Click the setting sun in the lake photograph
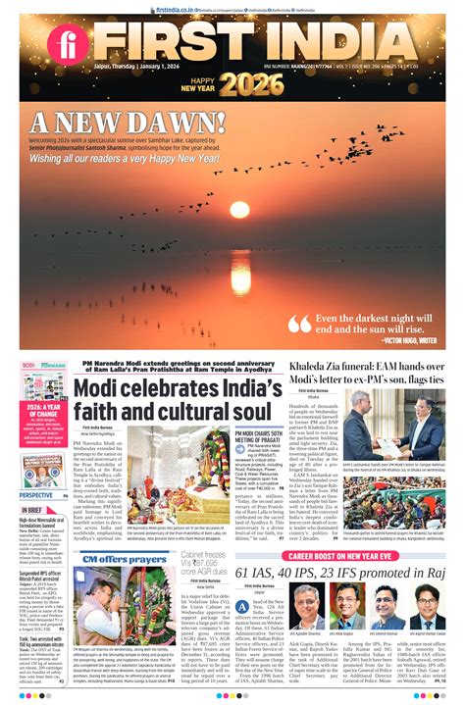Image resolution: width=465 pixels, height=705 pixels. (239, 209)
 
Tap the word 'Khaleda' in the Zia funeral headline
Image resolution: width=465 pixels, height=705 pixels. (315, 366)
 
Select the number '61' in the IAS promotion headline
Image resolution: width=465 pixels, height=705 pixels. (244, 572)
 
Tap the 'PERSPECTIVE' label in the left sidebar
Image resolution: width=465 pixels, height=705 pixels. (37, 495)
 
